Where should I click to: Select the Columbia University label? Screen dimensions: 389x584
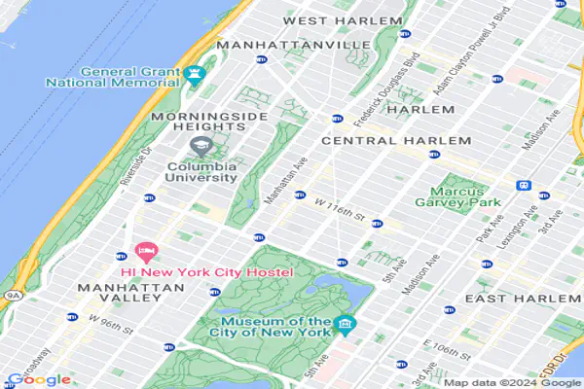pos(201,171)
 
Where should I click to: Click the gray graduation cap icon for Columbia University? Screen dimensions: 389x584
pos(200,147)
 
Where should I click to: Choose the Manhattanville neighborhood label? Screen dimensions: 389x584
pos(293,45)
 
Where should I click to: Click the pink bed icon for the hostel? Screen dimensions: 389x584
pos(145,253)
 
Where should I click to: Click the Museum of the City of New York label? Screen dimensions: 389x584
pos(275,327)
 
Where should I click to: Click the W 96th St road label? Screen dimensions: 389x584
pos(109,320)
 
